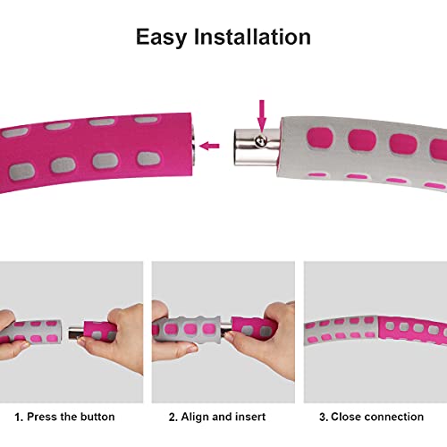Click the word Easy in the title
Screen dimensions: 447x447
pos(161,38)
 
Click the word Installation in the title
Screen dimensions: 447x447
pos(252,37)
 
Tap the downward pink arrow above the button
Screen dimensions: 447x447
pos(262,115)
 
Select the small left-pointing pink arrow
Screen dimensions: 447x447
pos(209,146)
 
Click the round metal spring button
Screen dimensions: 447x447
pos(261,141)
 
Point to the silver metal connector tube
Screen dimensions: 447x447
pos(257,147)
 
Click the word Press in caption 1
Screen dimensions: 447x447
pos(42,417)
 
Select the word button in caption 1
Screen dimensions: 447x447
pos(97,417)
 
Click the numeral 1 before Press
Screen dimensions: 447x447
pos(18,417)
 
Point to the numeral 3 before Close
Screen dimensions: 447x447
pos(323,417)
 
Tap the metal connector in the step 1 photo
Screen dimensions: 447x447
pos(76,333)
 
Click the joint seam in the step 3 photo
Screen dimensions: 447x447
pos(378,331)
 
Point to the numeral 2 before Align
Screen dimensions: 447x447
pos(173,417)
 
